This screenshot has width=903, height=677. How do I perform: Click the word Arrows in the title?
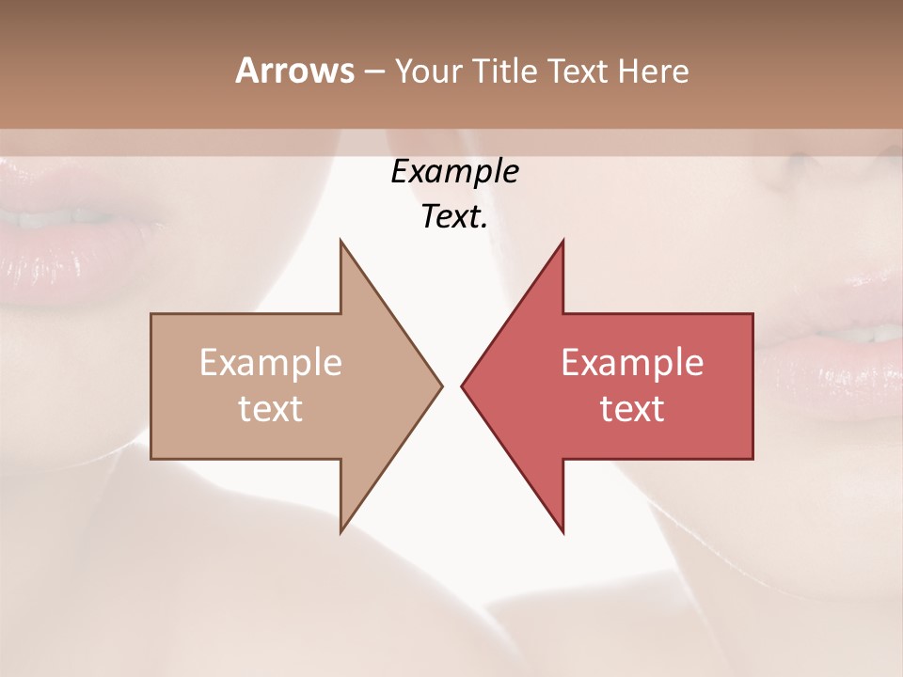tap(294, 71)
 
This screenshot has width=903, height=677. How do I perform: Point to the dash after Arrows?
tap(373, 71)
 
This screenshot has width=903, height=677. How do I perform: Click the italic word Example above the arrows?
tap(454, 171)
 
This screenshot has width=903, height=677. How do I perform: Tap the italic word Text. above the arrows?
tap(454, 217)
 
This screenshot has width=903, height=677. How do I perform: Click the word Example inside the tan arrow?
tap(271, 363)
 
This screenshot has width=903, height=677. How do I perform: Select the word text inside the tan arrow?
tap(271, 409)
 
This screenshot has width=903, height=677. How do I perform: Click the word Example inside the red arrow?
tap(632, 363)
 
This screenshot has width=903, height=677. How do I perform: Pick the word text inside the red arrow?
tap(632, 409)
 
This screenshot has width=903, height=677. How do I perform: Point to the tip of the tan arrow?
tap(440, 386)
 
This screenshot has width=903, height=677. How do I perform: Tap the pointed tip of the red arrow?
tap(464, 386)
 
